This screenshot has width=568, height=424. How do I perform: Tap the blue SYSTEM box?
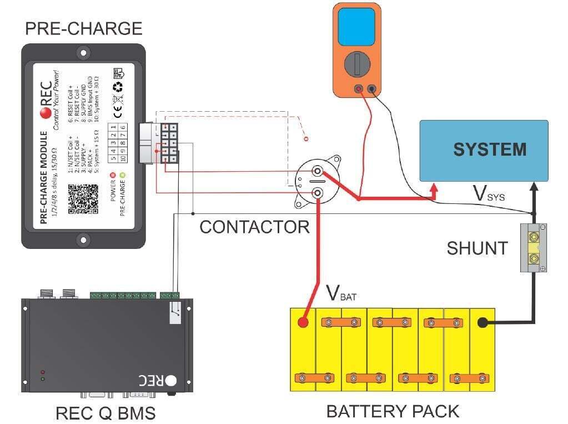[x=484, y=150]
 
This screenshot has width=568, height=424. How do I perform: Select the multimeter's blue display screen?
[x=356, y=27]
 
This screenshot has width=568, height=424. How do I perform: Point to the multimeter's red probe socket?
[x=359, y=88]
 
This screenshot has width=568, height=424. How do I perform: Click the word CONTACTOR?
[x=254, y=227]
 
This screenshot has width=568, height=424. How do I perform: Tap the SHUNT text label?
[x=477, y=248]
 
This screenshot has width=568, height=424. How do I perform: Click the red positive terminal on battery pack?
[x=303, y=322]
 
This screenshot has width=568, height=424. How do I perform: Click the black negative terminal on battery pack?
[x=482, y=322]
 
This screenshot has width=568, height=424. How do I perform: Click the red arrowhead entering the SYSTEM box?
[x=435, y=192]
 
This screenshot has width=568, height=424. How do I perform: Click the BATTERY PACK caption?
[x=393, y=411]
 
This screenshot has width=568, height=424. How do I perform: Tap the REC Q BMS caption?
[x=105, y=413]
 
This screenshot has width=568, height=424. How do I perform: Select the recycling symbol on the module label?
[x=118, y=87]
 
